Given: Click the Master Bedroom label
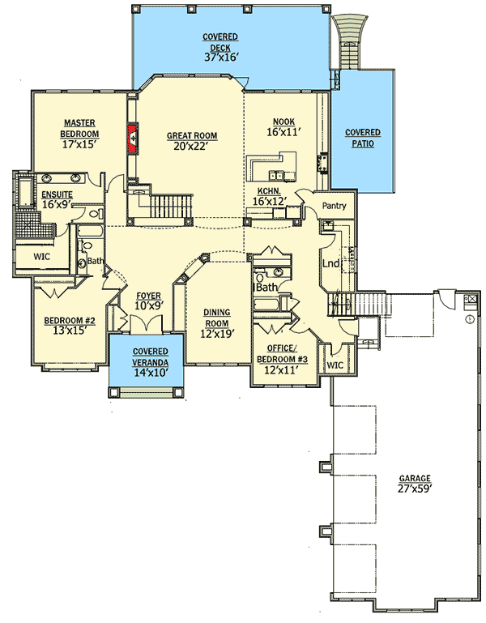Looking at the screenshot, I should (80, 128).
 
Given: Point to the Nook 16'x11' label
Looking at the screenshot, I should (283, 126).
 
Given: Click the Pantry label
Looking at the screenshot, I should (334, 206).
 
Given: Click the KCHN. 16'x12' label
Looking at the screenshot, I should (270, 195).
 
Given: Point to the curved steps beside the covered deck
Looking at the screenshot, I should (350, 41).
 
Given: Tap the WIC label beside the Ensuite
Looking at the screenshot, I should (42, 257).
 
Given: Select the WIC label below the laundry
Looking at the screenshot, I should (335, 365).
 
